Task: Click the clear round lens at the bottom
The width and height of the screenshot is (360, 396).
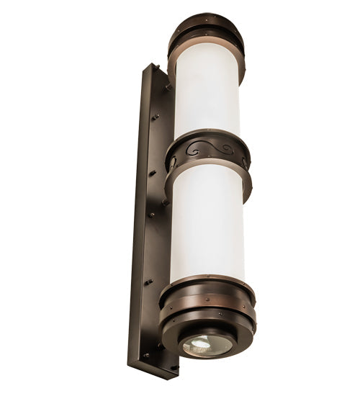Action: tap(207, 345)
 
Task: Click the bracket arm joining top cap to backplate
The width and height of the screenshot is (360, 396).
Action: tap(168, 87)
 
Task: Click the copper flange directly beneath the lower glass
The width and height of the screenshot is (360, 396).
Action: tap(207, 282)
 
